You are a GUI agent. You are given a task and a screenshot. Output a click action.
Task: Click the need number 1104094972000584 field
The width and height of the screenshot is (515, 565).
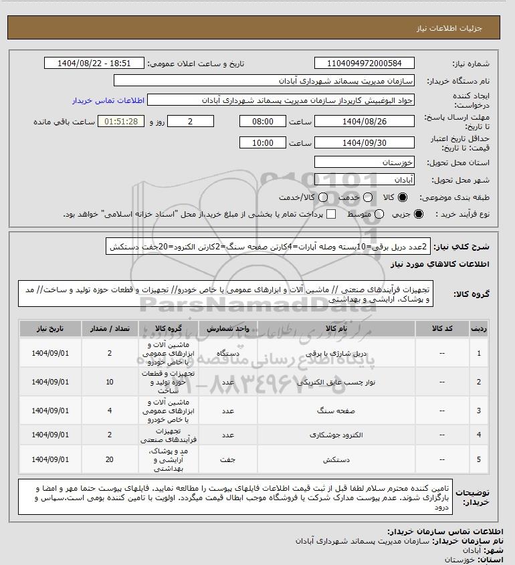pyautogui.click(x=365, y=64)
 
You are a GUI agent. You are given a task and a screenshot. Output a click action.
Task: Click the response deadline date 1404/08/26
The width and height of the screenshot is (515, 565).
pyautogui.click(x=365, y=122)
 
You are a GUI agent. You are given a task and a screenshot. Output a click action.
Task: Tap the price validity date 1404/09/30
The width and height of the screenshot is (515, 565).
pyautogui.click(x=365, y=143)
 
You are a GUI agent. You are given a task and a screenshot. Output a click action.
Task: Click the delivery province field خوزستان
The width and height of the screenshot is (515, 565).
pyautogui.click(x=365, y=162)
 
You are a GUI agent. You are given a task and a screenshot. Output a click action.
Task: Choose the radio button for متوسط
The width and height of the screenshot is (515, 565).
pyautogui.click(x=379, y=214)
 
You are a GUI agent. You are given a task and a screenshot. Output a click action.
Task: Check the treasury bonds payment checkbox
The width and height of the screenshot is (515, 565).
pyautogui.click(x=331, y=214)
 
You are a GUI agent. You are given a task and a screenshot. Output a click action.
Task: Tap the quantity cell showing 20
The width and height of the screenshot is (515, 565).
pyautogui.click(x=110, y=459)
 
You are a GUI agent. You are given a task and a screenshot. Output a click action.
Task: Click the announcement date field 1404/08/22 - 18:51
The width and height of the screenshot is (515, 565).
pyautogui.click(x=94, y=64)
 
